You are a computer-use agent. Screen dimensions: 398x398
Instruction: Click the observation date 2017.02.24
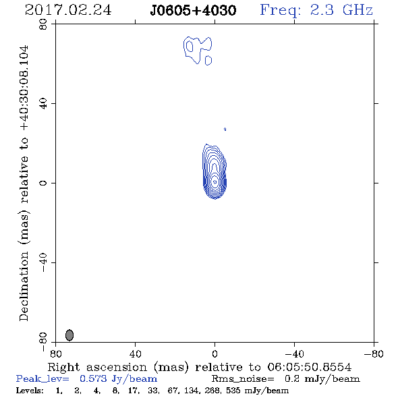tap(68, 10)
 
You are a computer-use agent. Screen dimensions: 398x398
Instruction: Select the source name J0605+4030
tap(193, 10)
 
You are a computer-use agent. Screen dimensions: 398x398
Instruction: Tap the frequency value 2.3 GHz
tap(341, 10)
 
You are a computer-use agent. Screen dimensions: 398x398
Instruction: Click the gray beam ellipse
tap(69, 335)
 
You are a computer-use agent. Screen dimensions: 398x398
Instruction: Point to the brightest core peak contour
tap(215, 181)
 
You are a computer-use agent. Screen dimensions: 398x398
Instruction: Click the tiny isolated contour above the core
tap(225, 130)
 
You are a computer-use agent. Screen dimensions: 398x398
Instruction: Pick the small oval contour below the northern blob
tap(208, 61)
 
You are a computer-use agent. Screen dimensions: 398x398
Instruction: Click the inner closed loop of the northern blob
tap(190, 46)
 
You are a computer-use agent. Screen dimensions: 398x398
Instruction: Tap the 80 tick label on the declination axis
tap(43, 24)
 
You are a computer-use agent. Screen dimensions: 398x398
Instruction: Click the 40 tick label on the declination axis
tap(43, 104)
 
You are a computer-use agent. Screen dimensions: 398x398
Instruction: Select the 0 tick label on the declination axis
tap(43, 183)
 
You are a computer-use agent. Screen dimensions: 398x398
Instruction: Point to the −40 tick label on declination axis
tap(43, 262)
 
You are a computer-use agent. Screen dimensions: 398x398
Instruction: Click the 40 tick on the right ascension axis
tap(135, 354)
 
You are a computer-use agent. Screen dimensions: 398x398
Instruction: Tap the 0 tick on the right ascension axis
tap(215, 354)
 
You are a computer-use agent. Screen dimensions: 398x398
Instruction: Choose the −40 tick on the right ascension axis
tap(294, 354)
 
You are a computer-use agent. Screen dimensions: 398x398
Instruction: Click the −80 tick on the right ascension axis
tap(374, 354)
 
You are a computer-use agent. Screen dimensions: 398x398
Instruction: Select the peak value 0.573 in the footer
tap(93, 378)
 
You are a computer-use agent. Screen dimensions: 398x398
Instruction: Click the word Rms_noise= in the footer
tap(243, 378)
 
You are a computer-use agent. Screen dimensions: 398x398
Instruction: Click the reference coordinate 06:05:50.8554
tap(310, 367)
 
